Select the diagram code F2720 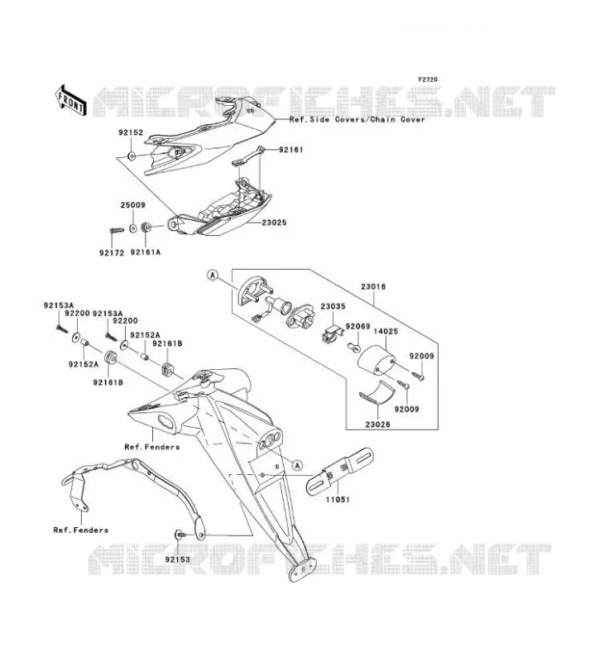(428, 79)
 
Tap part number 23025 (274, 223)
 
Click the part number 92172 (112, 253)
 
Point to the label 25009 (132, 204)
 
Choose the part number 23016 (373, 286)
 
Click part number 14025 (386, 332)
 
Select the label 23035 (333, 306)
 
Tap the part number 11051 (338, 500)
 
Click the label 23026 (378, 425)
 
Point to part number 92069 (357, 326)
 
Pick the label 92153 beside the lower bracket (177, 559)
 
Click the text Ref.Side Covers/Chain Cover (357, 119)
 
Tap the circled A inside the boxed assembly (213, 276)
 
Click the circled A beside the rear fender (298, 465)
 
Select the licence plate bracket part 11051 (340, 472)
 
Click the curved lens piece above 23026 (377, 392)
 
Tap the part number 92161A (146, 252)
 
